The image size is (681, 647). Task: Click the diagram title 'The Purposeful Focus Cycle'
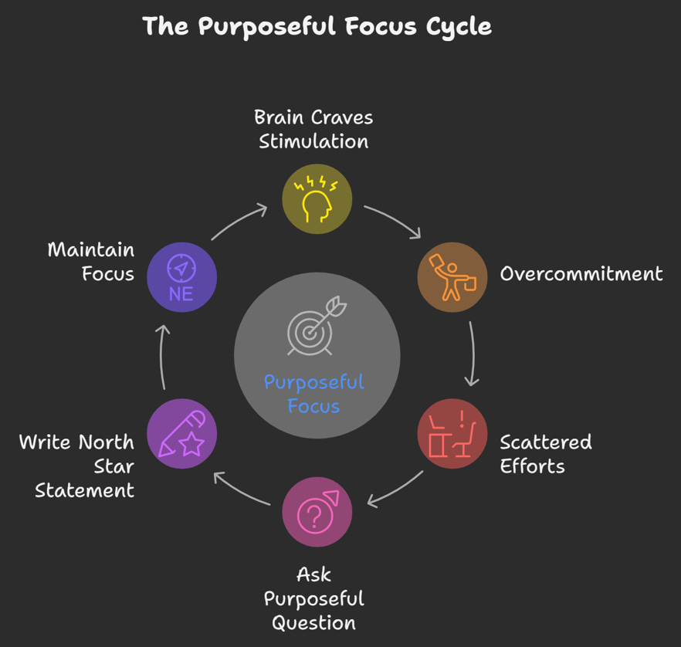(317, 26)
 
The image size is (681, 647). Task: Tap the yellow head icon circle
(317, 198)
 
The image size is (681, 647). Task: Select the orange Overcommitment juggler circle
(452, 276)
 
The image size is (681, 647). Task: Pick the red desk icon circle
(452, 433)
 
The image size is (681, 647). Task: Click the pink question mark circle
(317, 512)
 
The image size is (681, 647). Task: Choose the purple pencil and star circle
(181, 433)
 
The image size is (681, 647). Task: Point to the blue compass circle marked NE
(181, 276)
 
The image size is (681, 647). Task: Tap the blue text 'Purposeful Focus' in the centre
(313, 394)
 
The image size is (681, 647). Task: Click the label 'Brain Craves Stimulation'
(313, 129)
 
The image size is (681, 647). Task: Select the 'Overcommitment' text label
(581, 273)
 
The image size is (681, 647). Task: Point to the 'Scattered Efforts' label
(545, 454)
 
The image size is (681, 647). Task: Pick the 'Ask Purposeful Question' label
(313, 598)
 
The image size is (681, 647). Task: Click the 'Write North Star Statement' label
(77, 466)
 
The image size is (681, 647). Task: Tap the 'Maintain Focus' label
(91, 262)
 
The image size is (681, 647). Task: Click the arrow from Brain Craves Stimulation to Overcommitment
(392, 220)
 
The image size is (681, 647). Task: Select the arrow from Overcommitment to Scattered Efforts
(473, 354)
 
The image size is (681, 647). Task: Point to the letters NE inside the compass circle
(181, 293)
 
